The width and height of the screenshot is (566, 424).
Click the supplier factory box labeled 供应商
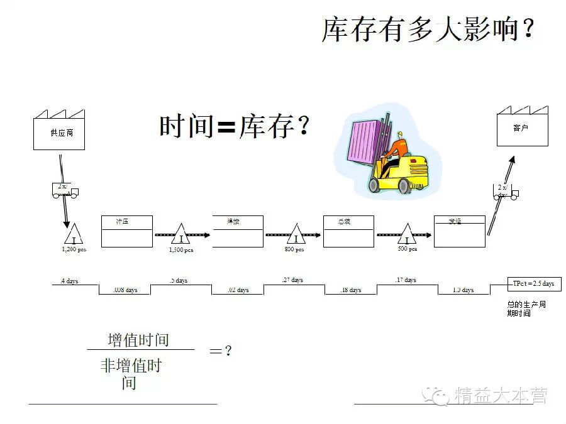[58, 133]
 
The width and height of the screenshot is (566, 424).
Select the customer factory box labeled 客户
[521, 129]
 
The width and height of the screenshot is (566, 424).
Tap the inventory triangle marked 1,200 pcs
[74, 236]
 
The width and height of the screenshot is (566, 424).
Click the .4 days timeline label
[69, 281]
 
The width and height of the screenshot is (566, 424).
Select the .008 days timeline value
[125, 290]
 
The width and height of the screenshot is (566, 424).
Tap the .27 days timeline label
[292, 280]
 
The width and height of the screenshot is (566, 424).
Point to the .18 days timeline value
[350, 290]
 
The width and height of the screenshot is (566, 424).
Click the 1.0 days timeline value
[463, 290]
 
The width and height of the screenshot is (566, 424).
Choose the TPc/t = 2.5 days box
[533, 284]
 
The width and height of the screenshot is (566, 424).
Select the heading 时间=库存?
[235, 127]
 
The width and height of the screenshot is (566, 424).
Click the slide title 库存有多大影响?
[428, 30]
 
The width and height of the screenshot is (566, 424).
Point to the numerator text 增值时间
[138, 340]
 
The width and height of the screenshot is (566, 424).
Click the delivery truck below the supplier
[65, 190]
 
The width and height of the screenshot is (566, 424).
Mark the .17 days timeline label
[406, 280]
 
